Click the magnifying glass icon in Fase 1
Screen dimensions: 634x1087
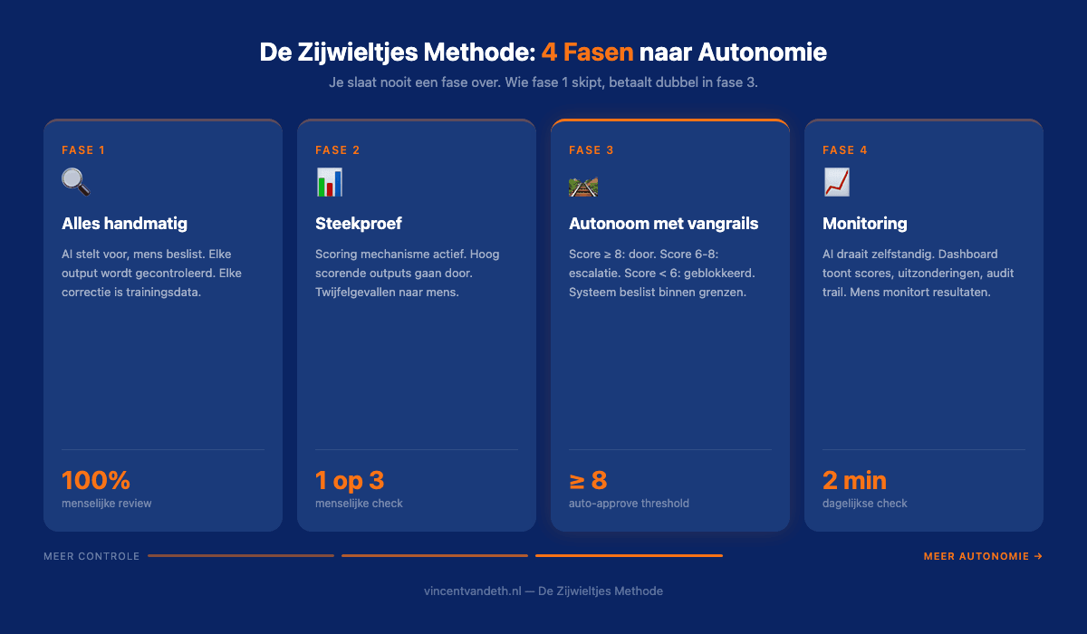pyautogui.click(x=76, y=182)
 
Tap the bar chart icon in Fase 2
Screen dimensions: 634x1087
pyautogui.click(x=330, y=182)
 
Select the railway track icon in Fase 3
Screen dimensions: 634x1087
pyautogui.click(x=583, y=187)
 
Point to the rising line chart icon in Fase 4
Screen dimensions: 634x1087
pyautogui.click(x=837, y=182)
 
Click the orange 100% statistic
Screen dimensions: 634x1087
pyautogui.click(x=96, y=480)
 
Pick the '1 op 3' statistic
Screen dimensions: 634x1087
pyautogui.click(x=350, y=480)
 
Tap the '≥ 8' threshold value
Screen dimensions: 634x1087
pyautogui.click(x=588, y=480)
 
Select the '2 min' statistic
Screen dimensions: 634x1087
pyautogui.click(x=854, y=480)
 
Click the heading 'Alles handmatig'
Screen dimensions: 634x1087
pyautogui.click(x=124, y=223)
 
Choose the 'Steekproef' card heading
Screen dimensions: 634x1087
pyautogui.click(x=359, y=223)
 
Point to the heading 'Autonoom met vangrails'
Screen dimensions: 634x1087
pyautogui.click(x=663, y=223)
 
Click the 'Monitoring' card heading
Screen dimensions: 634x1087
pyautogui.click(x=864, y=223)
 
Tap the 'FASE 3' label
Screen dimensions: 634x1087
pyautogui.click(x=592, y=150)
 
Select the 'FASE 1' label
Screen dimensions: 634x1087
pyautogui.click(x=83, y=150)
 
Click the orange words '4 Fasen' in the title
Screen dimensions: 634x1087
pyautogui.click(x=587, y=52)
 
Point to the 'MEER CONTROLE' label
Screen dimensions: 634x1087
pyautogui.click(x=91, y=556)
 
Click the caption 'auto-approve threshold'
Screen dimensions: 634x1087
pyautogui.click(x=629, y=504)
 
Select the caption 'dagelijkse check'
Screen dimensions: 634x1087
pyautogui.click(x=864, y=504)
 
